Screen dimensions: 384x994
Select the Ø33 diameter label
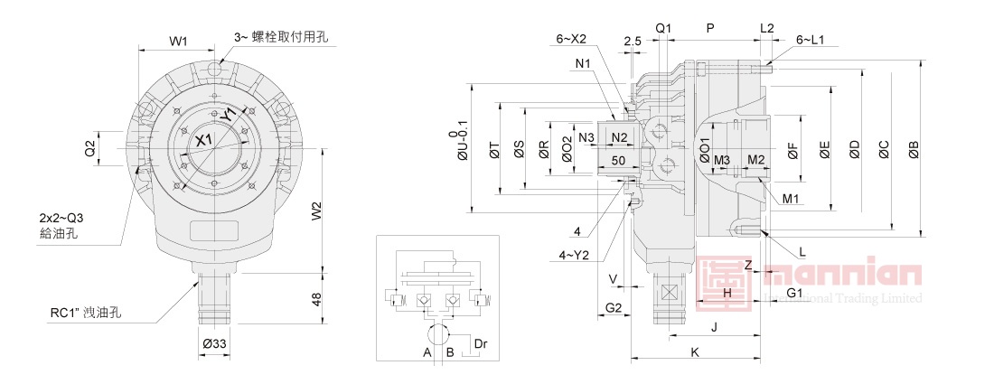[x=214, y=344]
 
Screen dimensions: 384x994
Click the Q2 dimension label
[x=90, y=147]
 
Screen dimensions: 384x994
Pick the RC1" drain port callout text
[x=86, y=314]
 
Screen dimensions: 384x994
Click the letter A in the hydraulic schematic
[x=427, y=352]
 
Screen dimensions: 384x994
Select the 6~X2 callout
[x=571, y=39]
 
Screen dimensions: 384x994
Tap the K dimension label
[x=694, y=351]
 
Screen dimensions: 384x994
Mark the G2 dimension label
[x=612, y=309]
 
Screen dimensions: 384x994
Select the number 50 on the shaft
[x=619, y=160]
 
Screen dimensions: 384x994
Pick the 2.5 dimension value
[x=632, y=41]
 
